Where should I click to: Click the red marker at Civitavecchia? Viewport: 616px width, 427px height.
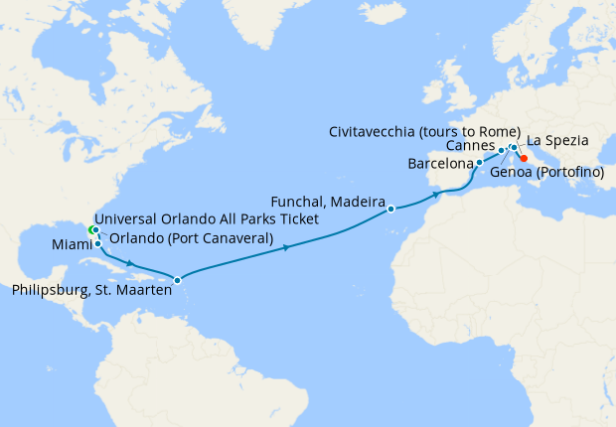pos(524,157)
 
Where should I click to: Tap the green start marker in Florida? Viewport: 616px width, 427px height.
pos(91,229)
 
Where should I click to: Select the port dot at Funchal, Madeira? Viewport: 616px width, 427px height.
pos(391,209)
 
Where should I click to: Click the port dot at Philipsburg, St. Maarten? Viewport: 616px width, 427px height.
pos(177,280)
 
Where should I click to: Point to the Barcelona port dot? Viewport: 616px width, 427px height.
pos(479,162)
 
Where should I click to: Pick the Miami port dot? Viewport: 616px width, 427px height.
pos(97,243)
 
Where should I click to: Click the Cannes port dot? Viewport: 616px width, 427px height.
pos(501,150)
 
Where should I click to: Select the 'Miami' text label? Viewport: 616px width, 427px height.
pos(71,244)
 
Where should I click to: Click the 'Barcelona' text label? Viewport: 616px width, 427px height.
pos(440,163)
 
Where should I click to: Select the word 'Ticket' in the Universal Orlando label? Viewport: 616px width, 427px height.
pos(295,219)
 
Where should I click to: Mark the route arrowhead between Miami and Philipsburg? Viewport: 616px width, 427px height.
pos(133,263)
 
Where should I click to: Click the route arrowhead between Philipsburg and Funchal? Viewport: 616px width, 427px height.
pos(287,247)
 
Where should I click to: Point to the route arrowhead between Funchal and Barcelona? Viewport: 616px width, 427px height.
pos(435,196)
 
